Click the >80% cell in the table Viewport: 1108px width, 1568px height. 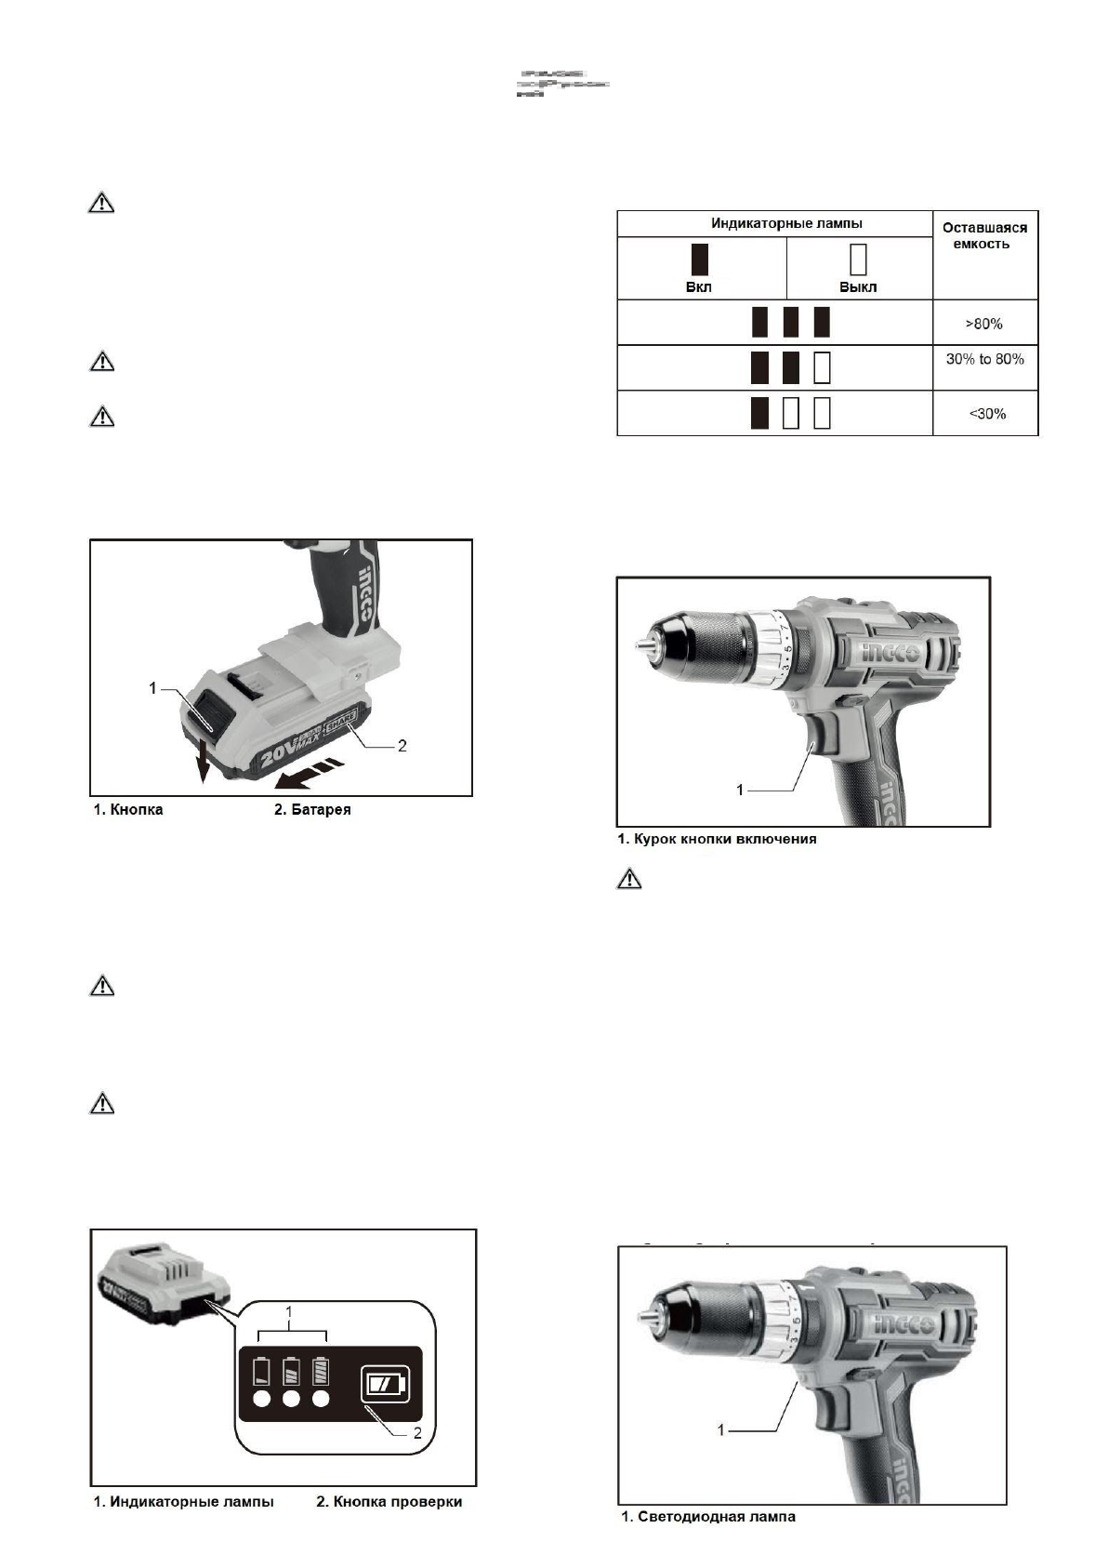984,324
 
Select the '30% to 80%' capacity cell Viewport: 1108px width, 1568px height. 984,359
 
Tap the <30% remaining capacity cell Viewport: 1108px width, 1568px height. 986,413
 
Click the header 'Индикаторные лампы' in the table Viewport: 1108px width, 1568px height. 773,223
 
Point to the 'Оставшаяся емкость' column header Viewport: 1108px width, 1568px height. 984,235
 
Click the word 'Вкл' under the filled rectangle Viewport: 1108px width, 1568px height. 699,286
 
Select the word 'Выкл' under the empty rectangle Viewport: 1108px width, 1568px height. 858,286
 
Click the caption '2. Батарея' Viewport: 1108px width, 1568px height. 312,809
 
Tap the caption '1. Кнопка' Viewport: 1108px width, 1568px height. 128,809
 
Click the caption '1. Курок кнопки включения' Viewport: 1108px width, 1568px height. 717,839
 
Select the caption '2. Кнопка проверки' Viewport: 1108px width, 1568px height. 389,1501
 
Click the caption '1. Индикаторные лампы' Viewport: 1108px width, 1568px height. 183,1501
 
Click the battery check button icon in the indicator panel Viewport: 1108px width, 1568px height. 383,1384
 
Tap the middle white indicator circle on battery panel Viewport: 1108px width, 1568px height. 291,1400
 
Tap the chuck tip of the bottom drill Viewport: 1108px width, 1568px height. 640,1314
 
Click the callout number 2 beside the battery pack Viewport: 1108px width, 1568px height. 402,746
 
